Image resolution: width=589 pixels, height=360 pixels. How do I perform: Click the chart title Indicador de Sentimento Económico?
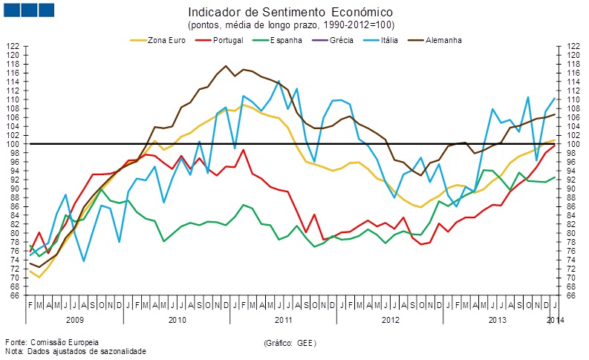click(290, 13)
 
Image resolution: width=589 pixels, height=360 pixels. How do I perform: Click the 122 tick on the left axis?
click(13, 46)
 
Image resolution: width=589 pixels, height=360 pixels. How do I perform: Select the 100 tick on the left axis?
click(13, 144)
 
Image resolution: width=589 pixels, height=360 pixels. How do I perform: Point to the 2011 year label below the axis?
click(284, 318)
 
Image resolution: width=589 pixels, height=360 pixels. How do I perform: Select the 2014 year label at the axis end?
click(555, 318)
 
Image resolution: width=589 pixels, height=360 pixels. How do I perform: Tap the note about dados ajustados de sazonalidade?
click(75, 351)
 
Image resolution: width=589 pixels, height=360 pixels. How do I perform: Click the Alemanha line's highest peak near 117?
click(226, 66)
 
